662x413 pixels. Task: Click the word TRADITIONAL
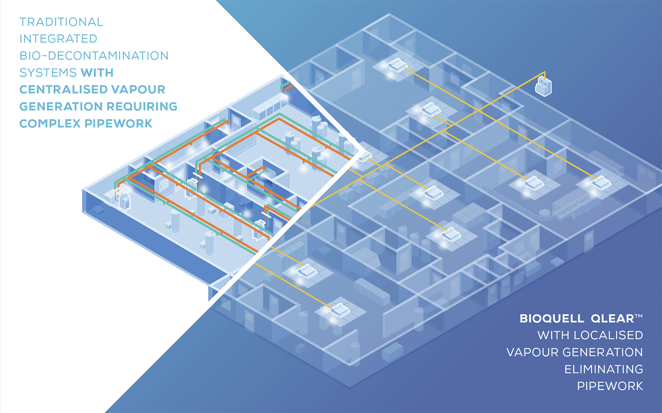pos(61,22)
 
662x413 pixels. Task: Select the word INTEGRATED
pos(58,39)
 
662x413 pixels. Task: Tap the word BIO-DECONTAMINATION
pos(94,56)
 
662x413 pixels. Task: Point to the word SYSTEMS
pos(48,73)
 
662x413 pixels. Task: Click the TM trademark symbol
pos(639,316)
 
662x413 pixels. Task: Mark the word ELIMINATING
pos(604,369)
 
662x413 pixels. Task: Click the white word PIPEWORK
pos(610,386)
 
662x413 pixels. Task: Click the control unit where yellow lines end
pos(543,86)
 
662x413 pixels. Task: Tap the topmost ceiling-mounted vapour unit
pos(396,64)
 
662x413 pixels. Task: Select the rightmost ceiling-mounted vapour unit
pos(601,182)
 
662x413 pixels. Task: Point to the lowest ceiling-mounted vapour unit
pos(340,310)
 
